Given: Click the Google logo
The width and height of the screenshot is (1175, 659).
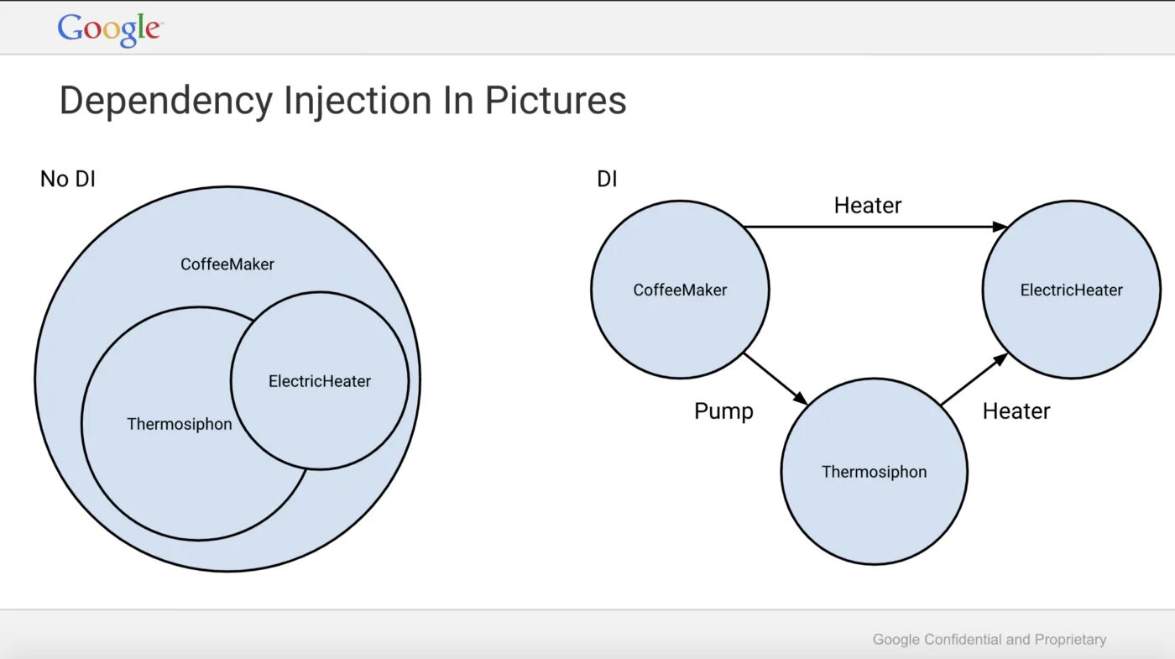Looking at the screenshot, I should pyautogui.click(x=109, y=29).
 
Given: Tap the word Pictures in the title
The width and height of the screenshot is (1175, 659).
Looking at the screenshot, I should pyautogui.click(x=555, y=102).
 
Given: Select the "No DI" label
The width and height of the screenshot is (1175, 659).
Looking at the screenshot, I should pyautogui.click(x=68, y=179).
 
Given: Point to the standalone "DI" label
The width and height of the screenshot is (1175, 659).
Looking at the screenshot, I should pyautogui.click(x=607, y=179).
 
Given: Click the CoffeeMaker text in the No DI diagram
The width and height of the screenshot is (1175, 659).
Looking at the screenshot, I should pyautogui.click(x=227, y=264).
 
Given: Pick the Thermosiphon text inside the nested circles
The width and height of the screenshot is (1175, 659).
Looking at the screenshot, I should pyautogui.click(x=179, y=424).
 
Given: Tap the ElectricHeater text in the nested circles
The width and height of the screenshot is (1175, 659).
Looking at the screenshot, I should pyautogui.click(x=319, y=381).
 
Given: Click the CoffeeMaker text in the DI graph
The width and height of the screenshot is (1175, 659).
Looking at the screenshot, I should pyautogui.click(x=680, y=290).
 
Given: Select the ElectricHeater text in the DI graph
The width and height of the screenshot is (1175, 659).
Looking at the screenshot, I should pyautogui.click(x=1071, y=290).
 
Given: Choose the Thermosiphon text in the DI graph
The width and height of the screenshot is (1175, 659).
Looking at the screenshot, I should pyautogui.click(x=874, y=472).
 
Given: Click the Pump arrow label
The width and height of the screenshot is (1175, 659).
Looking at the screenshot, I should pyautogui.click(x=723, y=411).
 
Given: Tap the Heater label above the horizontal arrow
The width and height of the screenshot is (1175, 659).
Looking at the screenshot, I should pyautogui.click(x=868, y=206).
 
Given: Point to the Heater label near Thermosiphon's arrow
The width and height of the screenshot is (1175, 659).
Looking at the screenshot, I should pyautogui.click(x=1016, y=411).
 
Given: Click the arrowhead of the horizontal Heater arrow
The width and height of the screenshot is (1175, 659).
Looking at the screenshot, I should pyautogui.click(x=1000, y=227).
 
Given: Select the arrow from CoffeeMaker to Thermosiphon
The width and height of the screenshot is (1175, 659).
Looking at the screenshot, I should pyautogui.click(x=775, y=379).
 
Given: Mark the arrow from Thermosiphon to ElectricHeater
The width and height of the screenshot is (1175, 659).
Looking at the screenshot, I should pyautogui.click(x=974, y=379).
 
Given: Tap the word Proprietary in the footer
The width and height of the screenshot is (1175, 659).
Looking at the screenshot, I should pyautogui.click(x=1070, y=640).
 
